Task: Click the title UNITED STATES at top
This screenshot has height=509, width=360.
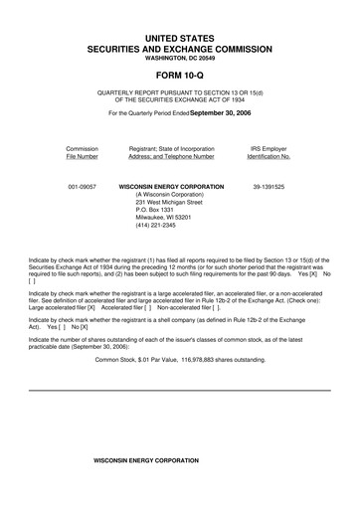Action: (x=179, y=37)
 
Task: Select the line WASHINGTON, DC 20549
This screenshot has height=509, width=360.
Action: (x=179, y=57)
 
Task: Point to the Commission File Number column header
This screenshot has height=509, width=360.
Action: (x=83, y=152)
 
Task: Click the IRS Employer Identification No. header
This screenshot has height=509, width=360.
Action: (x=269, y=152)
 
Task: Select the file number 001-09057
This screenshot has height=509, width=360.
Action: (x=83, y=186)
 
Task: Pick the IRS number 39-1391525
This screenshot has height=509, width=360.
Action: (x=269, y=186)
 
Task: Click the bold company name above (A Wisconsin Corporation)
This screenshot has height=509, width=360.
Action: (x=171, y=186)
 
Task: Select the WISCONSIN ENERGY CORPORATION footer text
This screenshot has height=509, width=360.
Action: (x=139, y=461)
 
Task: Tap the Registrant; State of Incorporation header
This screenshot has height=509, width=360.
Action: (x=172, y=152)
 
